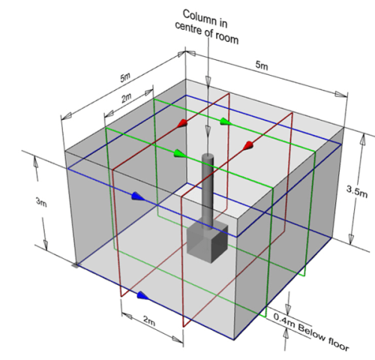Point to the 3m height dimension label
pos(41,202)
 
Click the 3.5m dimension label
pos(357,191)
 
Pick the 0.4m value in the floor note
pos(284,321)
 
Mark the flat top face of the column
pos(208,156)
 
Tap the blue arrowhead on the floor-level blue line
pos(143,295)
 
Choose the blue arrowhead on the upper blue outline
pos(138,196)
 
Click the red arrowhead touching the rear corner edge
pos(182,123)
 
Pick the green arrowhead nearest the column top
pos(180,153)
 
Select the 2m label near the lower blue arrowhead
pos(149,321)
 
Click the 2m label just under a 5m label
pos(127,98)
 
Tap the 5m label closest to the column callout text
pos(262,65)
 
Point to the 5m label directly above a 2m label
pos(125,77)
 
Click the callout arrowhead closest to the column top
pos(208,130)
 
